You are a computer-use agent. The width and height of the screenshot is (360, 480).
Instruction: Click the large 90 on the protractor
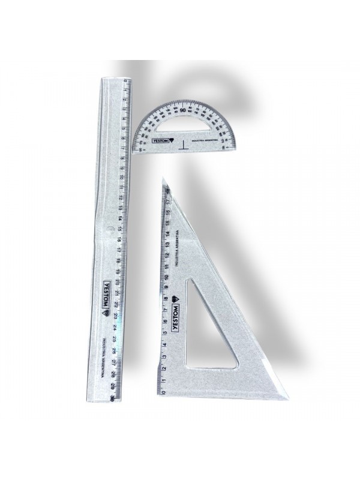(x=182, y=110)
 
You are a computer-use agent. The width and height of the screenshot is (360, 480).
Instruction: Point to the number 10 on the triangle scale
(x=164, y=277)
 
